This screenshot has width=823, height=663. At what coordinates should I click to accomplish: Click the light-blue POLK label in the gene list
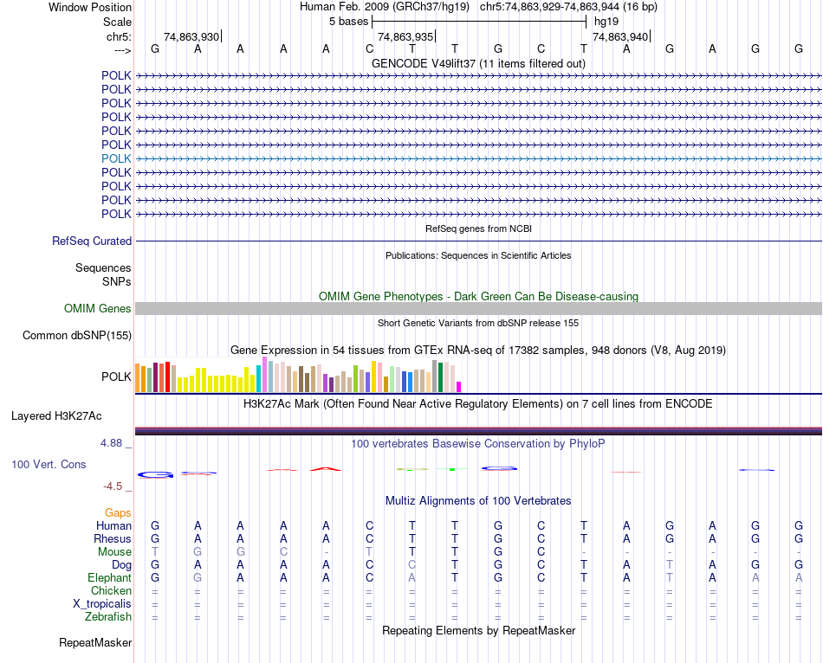coord(116,158)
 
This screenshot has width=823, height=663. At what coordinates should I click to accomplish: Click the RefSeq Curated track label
coord(92,241)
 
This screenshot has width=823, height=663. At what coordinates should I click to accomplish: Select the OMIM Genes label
coord(98,308)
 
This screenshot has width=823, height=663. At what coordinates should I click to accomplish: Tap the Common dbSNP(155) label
coord(77,335)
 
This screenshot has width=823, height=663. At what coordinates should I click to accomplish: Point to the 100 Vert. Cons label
coord(49,465)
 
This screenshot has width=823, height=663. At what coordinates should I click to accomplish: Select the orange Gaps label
coord(118,513)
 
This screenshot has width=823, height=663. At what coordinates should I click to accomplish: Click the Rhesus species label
coord(113,538)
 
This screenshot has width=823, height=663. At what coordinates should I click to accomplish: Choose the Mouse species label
coord(114,551)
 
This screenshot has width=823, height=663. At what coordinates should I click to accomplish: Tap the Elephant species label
coord(109,577)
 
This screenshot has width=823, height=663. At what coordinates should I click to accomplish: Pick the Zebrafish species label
coord(108,616)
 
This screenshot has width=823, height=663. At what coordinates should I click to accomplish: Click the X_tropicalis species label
coord(101,603)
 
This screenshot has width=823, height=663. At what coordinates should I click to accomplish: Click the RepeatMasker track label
coord(95,643)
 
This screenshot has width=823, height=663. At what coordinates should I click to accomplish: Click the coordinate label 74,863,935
coord(405,36)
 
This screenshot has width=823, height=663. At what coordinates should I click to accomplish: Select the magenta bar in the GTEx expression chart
coord(459,386)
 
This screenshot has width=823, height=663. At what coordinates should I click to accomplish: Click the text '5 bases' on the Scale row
coord(349,22)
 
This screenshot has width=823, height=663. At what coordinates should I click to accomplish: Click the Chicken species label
coord(112,590)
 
